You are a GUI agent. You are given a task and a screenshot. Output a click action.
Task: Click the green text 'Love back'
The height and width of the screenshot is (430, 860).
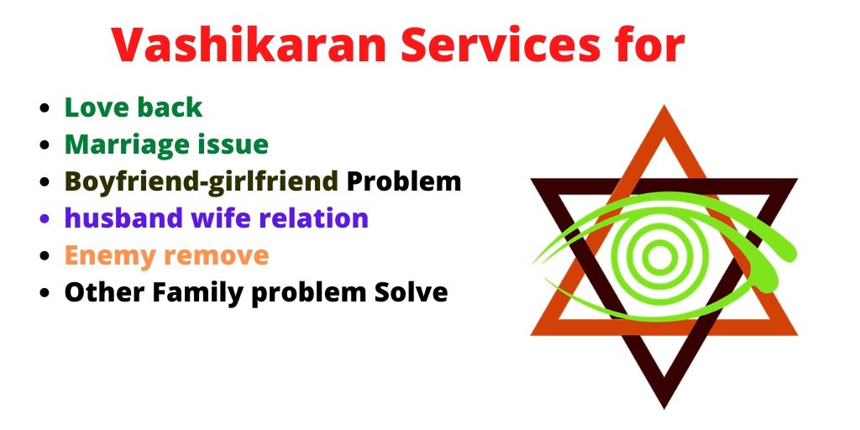point(134,107)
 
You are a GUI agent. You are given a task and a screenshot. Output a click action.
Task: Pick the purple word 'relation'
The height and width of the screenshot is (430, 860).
point(317,218)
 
